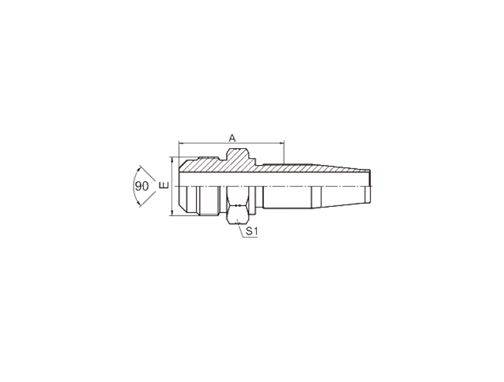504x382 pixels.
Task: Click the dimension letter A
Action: [232, 138]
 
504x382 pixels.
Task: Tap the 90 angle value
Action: [141, 186]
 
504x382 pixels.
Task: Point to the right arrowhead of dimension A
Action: [282, 142]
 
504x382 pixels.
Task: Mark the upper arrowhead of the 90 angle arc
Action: [139, 169]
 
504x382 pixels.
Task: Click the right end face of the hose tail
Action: [370, 186]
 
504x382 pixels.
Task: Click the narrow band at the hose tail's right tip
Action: [367, 194]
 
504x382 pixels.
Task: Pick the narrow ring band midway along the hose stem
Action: [316, 197]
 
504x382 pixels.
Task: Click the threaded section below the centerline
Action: [209, 200]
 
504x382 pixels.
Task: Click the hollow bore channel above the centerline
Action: [274, 180]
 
